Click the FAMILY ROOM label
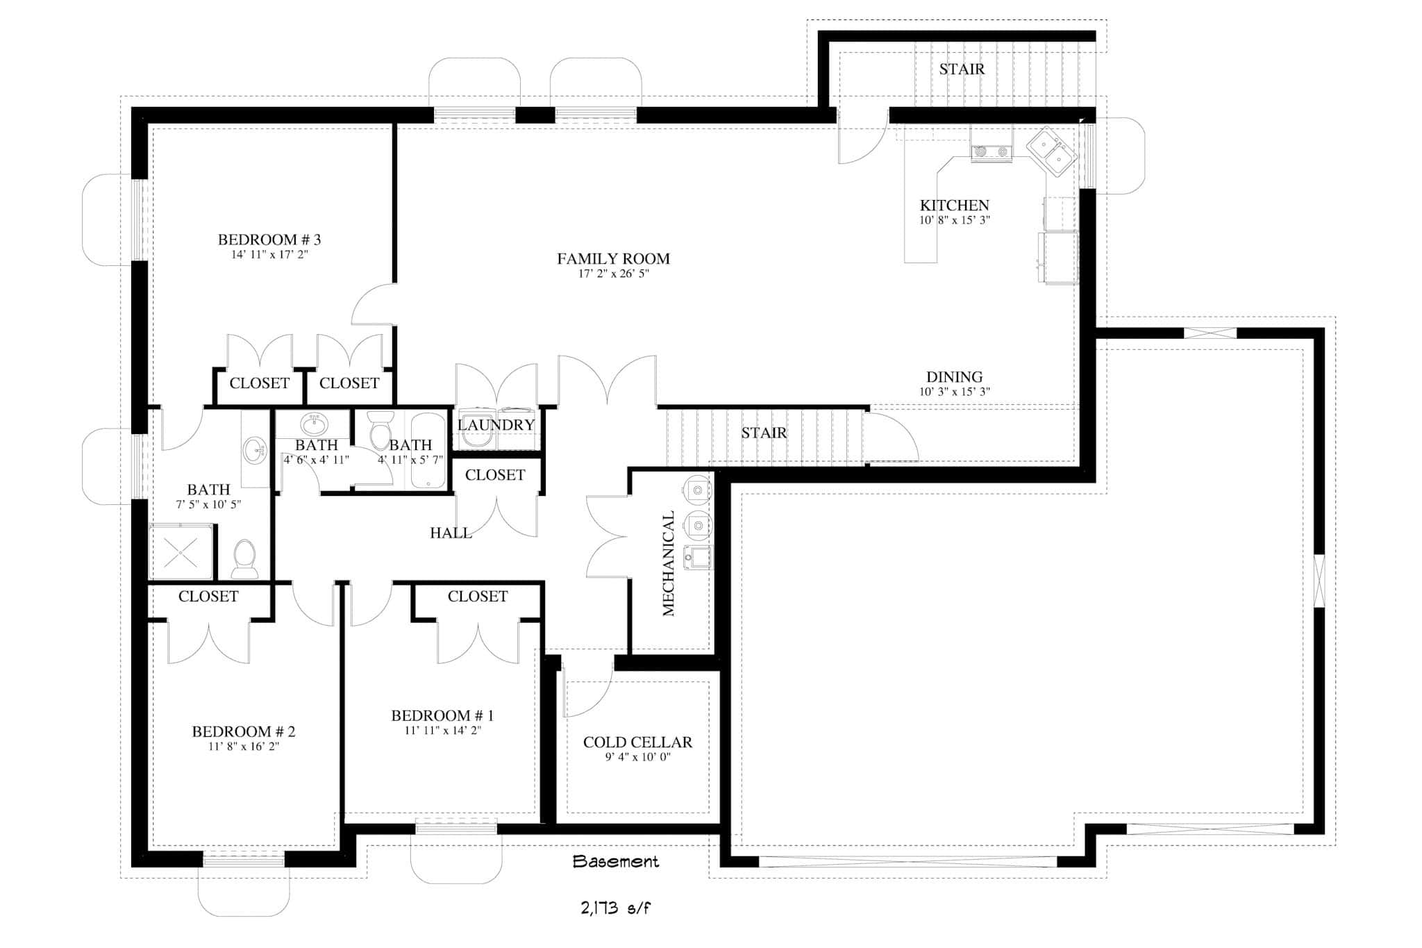tap(613, 258)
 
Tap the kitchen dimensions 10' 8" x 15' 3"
tap(954, 220)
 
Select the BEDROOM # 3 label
tap(269, 240)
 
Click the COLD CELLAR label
tap(637, 742)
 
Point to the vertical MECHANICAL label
tap(669, 563)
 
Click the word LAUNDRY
tap(496, 424)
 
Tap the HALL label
tap(451, 533)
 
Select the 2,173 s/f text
tap(615, 908)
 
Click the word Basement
tap(615, 862)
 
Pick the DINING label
tap(954, 376)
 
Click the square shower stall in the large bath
tap(181, 552)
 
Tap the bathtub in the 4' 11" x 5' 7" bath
tap(428, 450)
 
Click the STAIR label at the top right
tap(962, 69)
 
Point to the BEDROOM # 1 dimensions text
tap(442, 731)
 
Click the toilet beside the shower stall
tap(244, 559)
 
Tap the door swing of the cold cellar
tap(589, 691)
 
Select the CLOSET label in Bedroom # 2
tap(208, 596)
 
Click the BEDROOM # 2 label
tap(243, 731)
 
